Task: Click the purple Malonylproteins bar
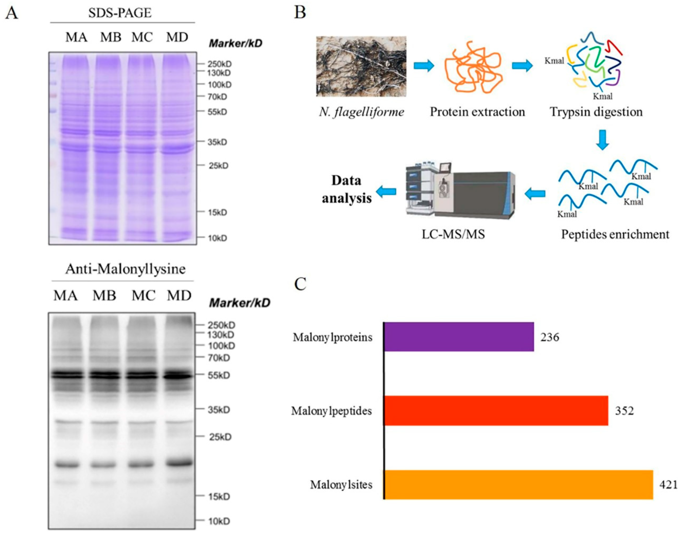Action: click(x=458, y=337)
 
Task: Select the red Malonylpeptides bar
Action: click(x=495, y=411)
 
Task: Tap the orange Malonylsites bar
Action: click(x=518, y=485)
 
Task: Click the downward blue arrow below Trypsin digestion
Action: click(x=602, y=140)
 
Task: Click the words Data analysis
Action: click(x=347, y=189)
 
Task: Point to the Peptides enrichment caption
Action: click(x=615, y=234)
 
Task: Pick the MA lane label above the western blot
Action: click(x=65, y=295)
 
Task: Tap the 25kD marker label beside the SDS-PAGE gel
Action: click(x=218, y=165)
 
